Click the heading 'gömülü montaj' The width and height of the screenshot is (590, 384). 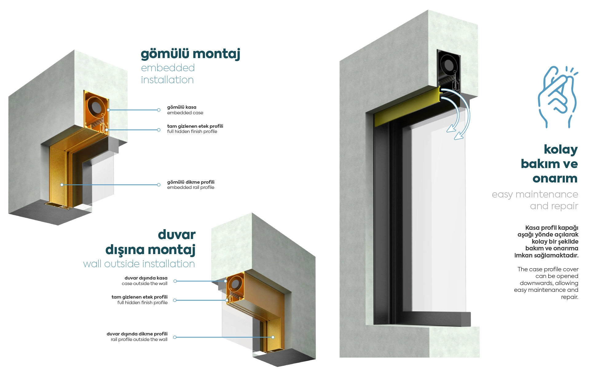190,54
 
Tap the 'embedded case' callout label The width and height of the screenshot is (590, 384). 185,113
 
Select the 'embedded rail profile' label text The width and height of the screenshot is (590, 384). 191,187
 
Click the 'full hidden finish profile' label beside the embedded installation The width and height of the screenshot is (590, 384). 192,131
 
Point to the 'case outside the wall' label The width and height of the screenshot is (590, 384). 144,284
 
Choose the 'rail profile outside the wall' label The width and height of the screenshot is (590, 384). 139,339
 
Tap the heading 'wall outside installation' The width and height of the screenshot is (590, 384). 139,264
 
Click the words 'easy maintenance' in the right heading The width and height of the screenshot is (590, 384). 535,194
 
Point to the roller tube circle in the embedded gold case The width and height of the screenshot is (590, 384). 96,106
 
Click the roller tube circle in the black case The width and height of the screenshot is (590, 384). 449,65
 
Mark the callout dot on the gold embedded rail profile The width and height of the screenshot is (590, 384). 62,185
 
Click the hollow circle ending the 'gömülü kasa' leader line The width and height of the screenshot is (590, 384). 159,110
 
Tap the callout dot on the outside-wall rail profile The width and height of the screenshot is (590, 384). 273,337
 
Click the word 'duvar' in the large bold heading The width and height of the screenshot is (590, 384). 177,235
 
